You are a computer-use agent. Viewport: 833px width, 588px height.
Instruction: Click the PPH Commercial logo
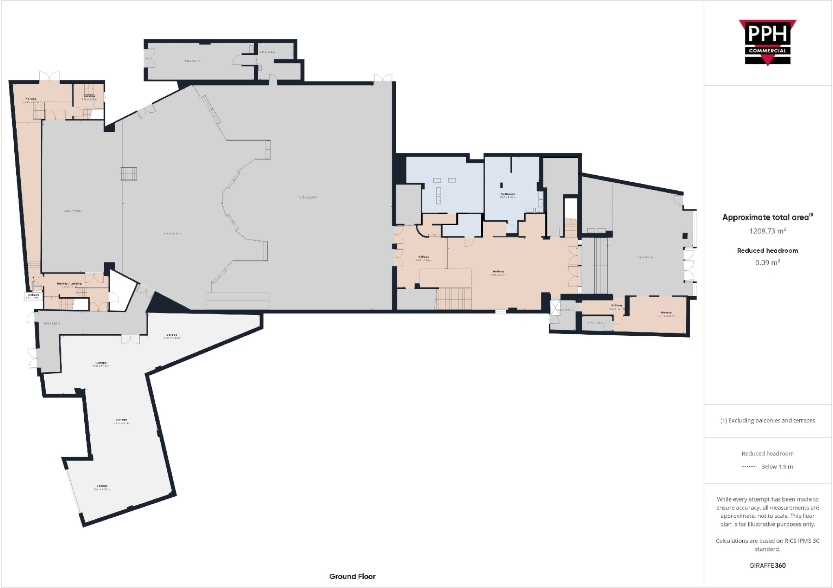click(x=767, y=43)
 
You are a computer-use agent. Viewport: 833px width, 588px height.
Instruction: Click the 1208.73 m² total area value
click(x=767, y=231)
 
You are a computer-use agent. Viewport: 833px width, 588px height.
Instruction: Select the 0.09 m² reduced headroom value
click(x=767, y=263)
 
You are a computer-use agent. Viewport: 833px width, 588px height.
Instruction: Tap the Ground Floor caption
click(x=352, y=576)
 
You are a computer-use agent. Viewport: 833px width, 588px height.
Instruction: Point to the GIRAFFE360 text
click(x=767, y=565)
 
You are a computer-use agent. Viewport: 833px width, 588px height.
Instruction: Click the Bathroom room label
click(x=508, y=194)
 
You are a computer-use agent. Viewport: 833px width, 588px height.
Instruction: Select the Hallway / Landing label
click(x=69, y=283)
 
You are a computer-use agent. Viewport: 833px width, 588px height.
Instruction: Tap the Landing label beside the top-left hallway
click(x=89, y=96)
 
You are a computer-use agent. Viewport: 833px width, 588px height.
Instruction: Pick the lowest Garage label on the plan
click(x=102, y=486)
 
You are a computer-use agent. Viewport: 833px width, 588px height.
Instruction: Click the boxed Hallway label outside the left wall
click(x=34, y=296)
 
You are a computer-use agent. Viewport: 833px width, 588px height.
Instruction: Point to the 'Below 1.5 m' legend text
click(x=777, y=466)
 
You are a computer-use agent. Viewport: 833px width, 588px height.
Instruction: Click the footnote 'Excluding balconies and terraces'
click(x=767, y=420)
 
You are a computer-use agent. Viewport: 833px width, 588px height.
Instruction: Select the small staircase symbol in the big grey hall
click(x=129, y=174)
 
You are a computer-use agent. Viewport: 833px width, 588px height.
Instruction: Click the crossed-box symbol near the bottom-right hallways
click(x=555, y=307)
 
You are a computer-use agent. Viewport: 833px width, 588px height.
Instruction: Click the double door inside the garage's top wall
click(x=131, y=339)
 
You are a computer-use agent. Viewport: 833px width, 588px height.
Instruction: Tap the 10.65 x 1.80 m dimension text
click(x=52, y=323)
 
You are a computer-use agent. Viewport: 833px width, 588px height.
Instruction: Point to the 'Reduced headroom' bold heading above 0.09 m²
click(x=767, y=250)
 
